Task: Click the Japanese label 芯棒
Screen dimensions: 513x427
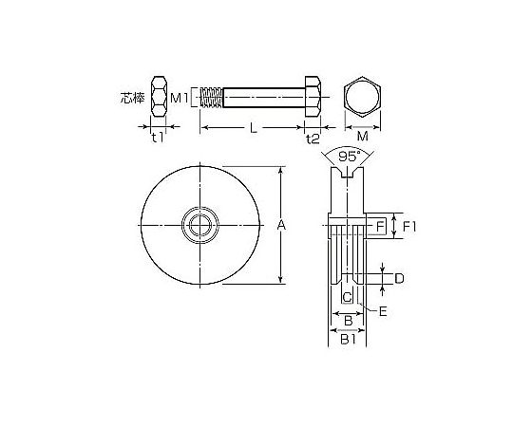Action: [x=132, y=98]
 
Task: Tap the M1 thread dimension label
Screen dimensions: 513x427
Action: [x=180, y=98]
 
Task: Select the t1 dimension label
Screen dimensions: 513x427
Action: [x=158, y=139]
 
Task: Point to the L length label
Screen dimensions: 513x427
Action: [x=254, y=128]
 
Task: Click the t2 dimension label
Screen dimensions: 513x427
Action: [x=313, y=139]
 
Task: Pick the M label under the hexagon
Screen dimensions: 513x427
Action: [x=363, y=136]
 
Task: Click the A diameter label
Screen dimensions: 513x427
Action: [x=281, y=225]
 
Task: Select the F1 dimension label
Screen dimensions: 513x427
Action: [x=408, y=227]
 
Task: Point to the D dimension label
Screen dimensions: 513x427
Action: [x=399, y=279]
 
